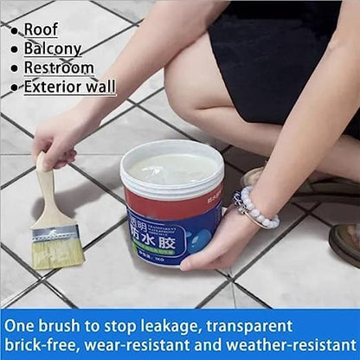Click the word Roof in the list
[41, 29]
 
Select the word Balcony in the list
[52, 48]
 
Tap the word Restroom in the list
[58, 67]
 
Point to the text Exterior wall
[69, 87]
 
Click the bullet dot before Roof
[15, 30]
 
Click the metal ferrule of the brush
[55, 231]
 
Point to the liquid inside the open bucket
[172, 167]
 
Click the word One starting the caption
[22, 326]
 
